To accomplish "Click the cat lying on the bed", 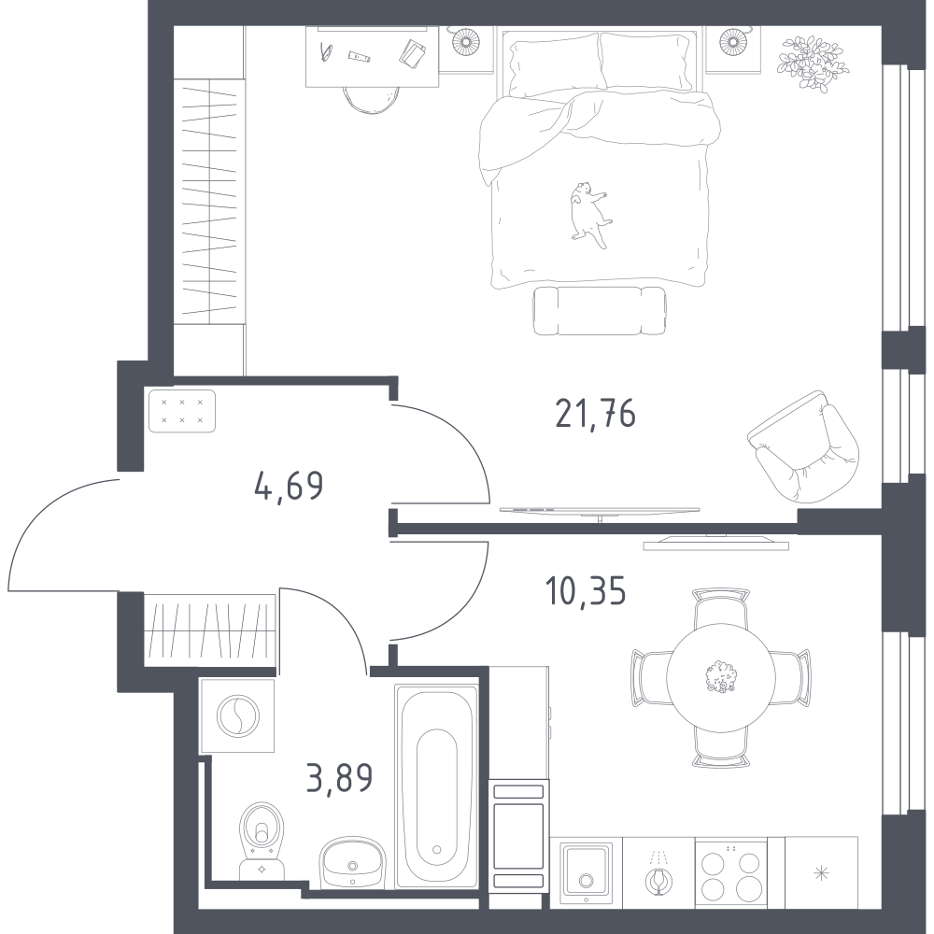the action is tap(589, 215).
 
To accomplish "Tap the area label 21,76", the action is tap(595, 414).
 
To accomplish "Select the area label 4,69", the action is tap(289, 485).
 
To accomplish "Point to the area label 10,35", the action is tap(586, 591).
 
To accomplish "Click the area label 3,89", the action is tap(340, 777).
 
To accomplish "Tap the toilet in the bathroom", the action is tap(262, 840).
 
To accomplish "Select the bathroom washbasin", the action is tap(353, 862).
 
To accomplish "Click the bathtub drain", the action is tap(436, 849).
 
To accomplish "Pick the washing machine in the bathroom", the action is tap(237, 715).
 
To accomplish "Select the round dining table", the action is tap(721, 678).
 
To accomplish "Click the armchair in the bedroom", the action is tap(804, 446).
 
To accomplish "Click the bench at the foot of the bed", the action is tap(600, 311).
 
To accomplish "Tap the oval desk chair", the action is tap(371, 99).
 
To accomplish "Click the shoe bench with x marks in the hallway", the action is tap(182, 411).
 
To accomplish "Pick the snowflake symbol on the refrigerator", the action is tap(821, 874).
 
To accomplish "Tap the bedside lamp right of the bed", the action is tap(733, 42).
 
